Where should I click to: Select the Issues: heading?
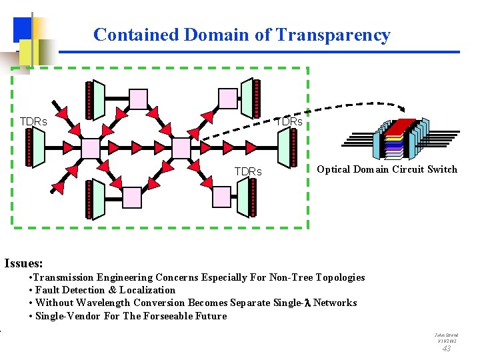pyautogui.click(x=23, y=263)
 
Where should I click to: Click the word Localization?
pyautogui.click(x=147, y=290)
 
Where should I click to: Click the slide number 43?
pyautogui.click(x=446, y=349)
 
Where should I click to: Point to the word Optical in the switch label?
pyautogui.click(x=334, y=169)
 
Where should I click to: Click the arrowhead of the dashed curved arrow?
pyautogui.click(x=403, y=111)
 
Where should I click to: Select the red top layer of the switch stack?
pyautogui.click(x=402, y=127)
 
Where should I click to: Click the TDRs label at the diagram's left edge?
pyautogui.click(x=33, y=122)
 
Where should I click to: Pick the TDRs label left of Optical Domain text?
pyautogui.click(x=248, y=172)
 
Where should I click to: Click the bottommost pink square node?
pyautogui.click(x=132, y=197)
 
